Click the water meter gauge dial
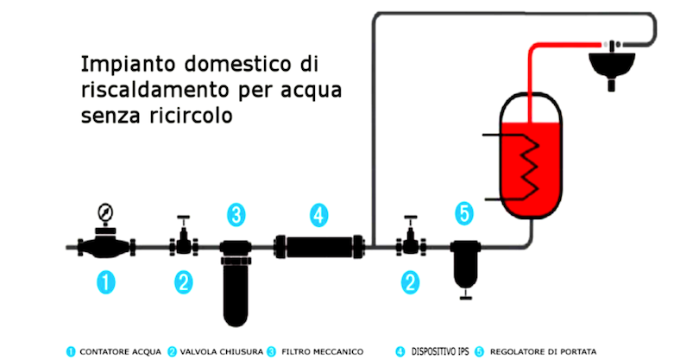pos(105,212)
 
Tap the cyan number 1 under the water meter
pos(106,282)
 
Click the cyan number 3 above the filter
pos(236,215)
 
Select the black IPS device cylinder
pos(319,247)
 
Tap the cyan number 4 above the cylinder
pos(318,216)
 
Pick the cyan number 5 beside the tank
pos(464,213)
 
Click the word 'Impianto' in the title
pos(129,65)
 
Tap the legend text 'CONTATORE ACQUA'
pos(120,352)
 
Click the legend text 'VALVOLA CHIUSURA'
pos(222,352)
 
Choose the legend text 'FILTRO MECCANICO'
pos(322,352)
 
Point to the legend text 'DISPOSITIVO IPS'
pos(440,352)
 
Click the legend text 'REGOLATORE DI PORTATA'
pos(543,352)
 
